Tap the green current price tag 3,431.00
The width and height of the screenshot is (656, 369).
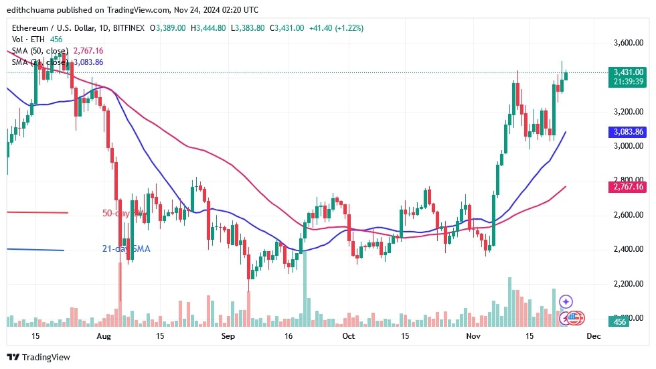pyautogui.click(x=627, y=72)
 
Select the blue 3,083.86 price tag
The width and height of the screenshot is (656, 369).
pyautogui.click(x=627, y=132)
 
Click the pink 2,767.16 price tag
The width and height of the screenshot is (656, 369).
pyautogui.click(x=627, y=187)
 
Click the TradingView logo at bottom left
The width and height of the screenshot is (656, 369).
pyautogui.click(x=38, y=357)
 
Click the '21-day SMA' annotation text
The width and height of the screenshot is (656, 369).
pyautogui.click(x=126, y=248)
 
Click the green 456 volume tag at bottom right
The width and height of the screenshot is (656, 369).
pyautogui.click(x=621, y=322)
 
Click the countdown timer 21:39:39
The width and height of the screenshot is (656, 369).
pyautogui.click(x=627, y=81)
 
